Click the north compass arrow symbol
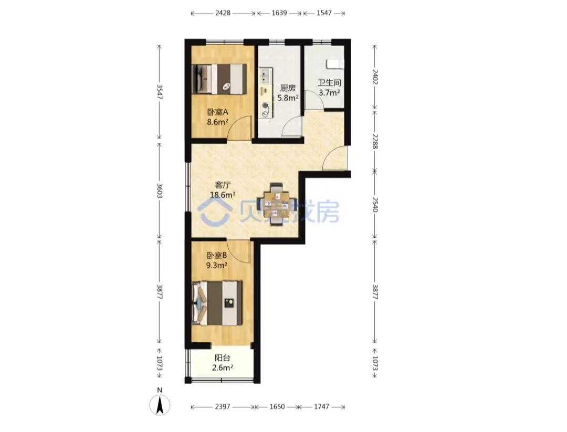click(x=160, y=405)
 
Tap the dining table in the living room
click(x=277, y=205)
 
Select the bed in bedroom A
click(x=219, y=78)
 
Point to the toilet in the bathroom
click(x=335, y=64)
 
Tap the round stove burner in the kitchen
click(x=266, y=106)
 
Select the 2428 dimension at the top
click(x=223, y=13)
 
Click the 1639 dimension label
click(x=279, y=13)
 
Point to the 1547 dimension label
click(x=323, y=13)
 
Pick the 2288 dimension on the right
click(x=375, y=141)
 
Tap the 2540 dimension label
click(x=375, y=204)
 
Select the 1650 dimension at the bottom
click(x=277, y=407)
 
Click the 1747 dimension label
click(x=321, y=407)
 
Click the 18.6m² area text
click(x=223, y=195)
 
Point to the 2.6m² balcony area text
click(x=222, y=368)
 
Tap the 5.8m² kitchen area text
click(x=288, y=98)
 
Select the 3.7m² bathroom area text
click(x=329, y=92)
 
